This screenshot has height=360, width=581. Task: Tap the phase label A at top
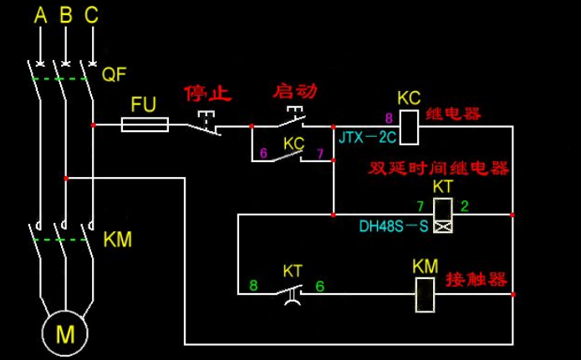[38, 15]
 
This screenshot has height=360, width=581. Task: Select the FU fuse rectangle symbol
[145, 125]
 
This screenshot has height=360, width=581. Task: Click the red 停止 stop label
[207, 92]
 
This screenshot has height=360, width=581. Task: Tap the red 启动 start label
[297, 90]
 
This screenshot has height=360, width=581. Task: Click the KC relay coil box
[410, 125]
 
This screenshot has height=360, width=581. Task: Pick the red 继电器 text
[455, 114]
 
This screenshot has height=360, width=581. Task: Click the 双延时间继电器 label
[439, 169]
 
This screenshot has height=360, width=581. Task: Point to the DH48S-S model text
[394, 226]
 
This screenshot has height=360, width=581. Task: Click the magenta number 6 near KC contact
[263, 154]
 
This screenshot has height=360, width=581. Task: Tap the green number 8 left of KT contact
[253, 286]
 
